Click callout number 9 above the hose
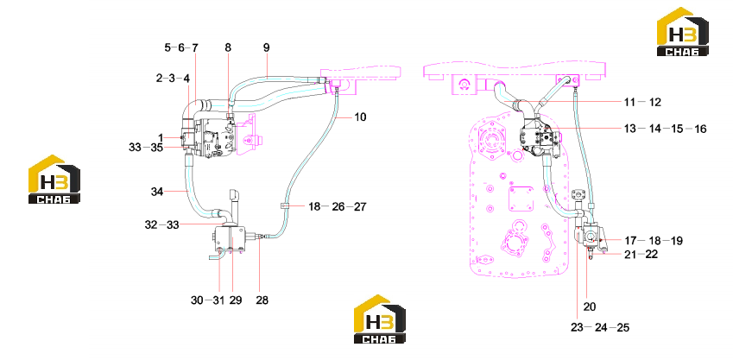click(x=267, y=47)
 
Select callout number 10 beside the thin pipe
click(x=360, y=117)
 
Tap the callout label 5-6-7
click(x=181, y=47)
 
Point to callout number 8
click(x=228, y=47)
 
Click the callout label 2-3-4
click(x=173, y=78)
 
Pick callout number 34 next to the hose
click(x=157, y=191)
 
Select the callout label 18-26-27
click(x=337, y=206)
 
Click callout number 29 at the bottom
click(x=236, y=300)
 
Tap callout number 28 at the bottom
click(x=262, y=300)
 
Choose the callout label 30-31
click(x=208, y=300)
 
